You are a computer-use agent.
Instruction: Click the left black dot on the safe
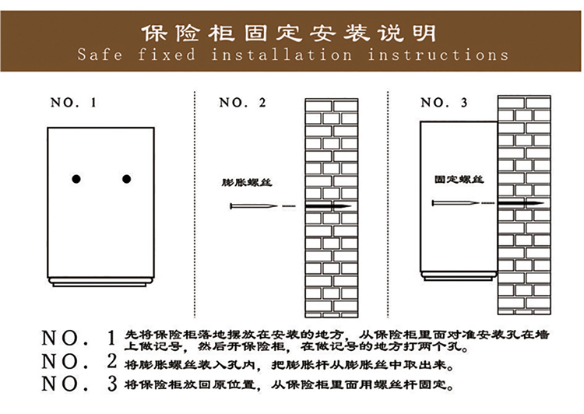76,179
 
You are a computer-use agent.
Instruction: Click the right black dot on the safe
127,179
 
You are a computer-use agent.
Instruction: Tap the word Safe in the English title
100,54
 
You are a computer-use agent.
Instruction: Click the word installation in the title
282,54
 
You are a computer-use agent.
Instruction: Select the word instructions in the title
438,54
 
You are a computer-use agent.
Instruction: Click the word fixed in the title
167,54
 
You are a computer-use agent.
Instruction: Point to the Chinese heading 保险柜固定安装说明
289,33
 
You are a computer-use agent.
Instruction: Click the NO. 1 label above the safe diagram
73,103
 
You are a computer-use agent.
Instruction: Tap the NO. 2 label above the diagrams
242,103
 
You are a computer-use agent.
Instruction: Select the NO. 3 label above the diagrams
444,103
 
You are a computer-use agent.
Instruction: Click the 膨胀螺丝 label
247,182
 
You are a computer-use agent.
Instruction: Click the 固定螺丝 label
459,180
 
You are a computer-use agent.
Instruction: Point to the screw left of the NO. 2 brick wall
254,206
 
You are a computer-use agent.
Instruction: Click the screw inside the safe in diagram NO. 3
456,203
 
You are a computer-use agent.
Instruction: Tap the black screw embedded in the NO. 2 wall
329,206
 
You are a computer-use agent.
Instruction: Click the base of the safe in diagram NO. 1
100,282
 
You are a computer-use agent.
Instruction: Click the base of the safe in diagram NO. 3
459,276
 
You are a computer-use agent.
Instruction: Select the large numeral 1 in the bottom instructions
111,338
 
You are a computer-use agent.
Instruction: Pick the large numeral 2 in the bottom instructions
111,361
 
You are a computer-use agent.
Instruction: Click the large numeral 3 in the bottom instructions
112,384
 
